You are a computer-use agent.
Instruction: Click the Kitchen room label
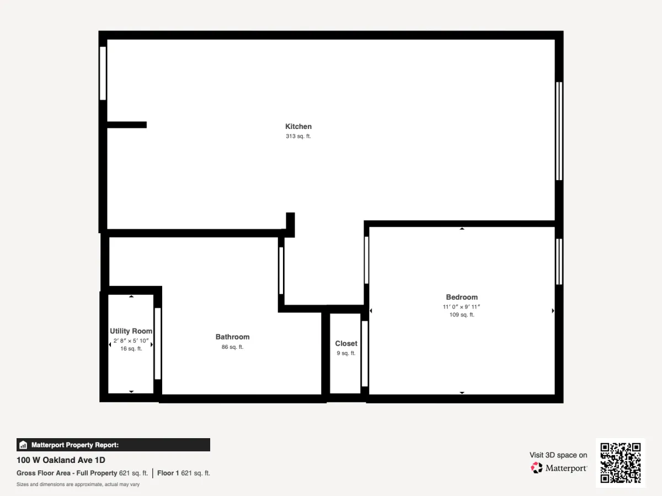click(298, 127)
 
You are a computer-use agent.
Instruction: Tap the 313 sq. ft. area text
click(298, 136)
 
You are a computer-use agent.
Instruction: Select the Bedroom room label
click(462, 297)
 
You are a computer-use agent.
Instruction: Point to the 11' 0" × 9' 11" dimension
click(461, 307)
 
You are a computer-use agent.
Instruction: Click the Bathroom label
click(233, 337)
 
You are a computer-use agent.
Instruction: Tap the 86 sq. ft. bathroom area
click(233, 347)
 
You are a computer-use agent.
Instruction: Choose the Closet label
click(346, 343)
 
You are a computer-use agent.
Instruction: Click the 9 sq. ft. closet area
click(346, 353)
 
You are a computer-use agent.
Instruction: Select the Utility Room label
click(131, 331)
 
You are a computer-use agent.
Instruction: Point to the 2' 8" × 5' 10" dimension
click(131, 341)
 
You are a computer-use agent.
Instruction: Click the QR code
click(621, 462)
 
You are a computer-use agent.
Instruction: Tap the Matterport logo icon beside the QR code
click(537, 468)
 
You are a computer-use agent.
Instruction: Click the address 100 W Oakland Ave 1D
click(61, 460)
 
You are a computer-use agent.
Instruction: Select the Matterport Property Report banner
click(113, 445)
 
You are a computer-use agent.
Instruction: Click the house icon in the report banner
click(23, 445)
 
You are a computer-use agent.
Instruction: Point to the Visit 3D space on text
click(558, 455)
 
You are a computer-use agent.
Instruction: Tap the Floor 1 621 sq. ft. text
click(184, 473)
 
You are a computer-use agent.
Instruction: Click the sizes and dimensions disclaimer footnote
click(78, 484)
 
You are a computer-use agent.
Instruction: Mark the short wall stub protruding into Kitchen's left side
click(127, 125)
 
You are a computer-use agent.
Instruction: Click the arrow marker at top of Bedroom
click(462, 229)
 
